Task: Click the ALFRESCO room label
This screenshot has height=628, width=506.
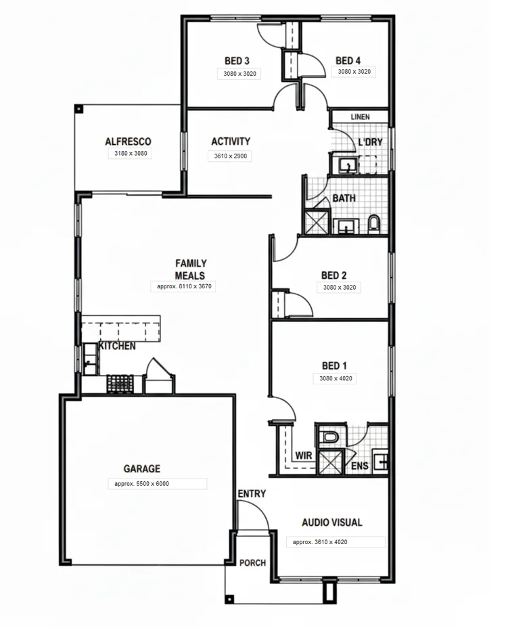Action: tap(128, 142)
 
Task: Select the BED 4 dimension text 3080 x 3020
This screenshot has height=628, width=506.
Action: tap(354, 71)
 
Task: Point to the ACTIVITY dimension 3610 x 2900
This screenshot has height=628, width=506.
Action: tap(231, 156)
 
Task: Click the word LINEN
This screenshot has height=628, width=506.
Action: tap(360, 117)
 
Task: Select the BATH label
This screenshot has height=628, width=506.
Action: tap(344, 199)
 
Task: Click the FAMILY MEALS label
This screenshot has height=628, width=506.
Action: tap(190, 269)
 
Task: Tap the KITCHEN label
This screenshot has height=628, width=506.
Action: tap(117, 346)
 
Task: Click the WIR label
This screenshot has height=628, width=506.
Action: tap(304, 455)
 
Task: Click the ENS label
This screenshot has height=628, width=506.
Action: tap(359, 466)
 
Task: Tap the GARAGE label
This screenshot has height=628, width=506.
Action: tap(141, 468)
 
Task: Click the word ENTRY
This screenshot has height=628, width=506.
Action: tap(251, 494)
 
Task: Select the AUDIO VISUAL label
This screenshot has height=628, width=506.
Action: tap(331, 522)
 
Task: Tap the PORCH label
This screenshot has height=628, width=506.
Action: tap(253, 562)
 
